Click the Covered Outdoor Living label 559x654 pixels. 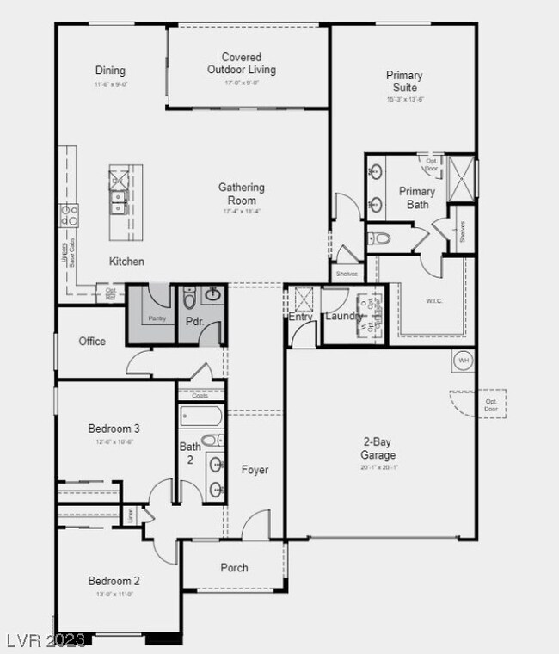tap(241, 64)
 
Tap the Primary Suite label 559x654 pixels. tap(404, 82)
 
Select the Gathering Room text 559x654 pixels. tap(241, 194)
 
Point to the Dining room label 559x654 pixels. tap(110, 71)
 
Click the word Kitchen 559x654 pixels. tap(126, 262)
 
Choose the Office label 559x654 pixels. tap(92, 342)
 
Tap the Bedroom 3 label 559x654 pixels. tap(114, 429)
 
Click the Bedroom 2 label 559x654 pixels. tap(114, 581)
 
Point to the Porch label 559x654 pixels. tap(234, 568)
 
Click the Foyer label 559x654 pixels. tap(255, 470)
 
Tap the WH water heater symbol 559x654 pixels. tap(464, 360)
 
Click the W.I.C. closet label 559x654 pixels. tap(433, 301)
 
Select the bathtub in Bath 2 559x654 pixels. tap(200, 416)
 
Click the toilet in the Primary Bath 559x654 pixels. tap(379, 238)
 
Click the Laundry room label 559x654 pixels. tap(343, 317)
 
